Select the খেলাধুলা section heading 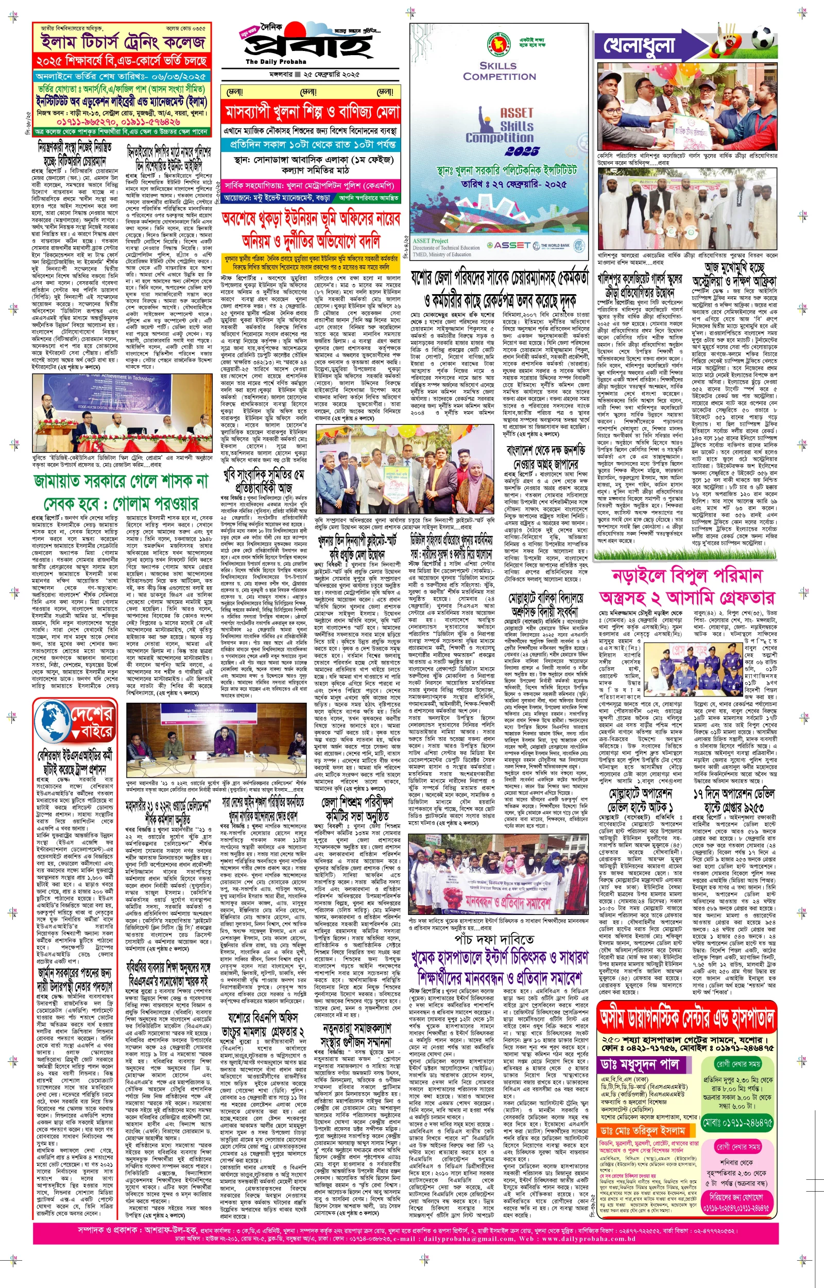pyautogui.click(x=640, y=45)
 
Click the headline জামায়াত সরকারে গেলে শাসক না pyautogui.click(x=120, y=481)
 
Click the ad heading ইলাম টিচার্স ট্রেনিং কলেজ pyautogui.click(x=123, y=42)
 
